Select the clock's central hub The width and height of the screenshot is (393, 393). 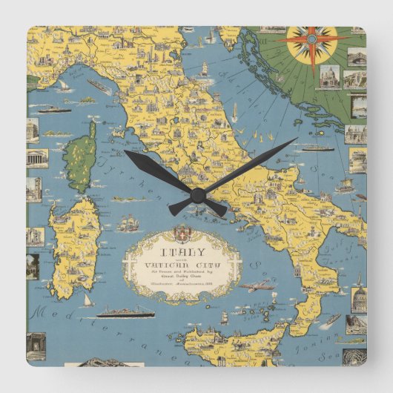197,195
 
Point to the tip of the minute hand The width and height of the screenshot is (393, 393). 295,140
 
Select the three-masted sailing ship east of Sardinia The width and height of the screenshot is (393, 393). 129,222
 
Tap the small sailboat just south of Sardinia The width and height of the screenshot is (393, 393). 87,300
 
